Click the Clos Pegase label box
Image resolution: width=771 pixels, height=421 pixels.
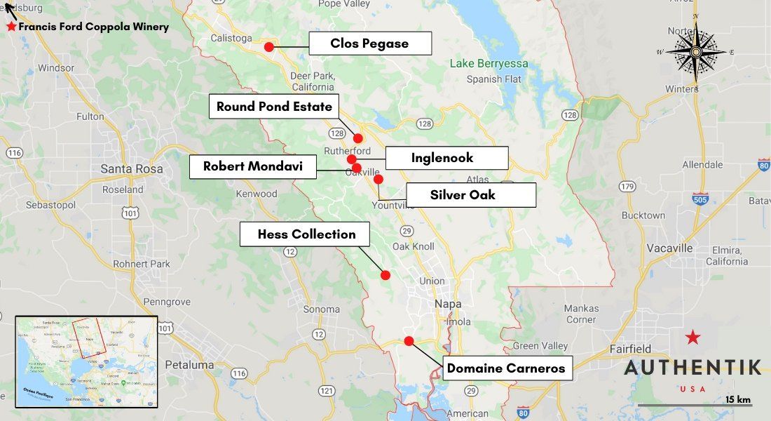click(x=369, y=44)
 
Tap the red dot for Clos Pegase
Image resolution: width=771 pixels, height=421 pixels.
click(x=269, y=47)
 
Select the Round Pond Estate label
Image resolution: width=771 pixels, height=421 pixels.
click(x=274, y=107)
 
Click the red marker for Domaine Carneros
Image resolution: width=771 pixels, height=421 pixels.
click(x=409, y=341)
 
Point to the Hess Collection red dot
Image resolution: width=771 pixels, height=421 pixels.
click(x=385, y=275)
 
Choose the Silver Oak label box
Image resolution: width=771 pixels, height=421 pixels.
click(x=463, y=194)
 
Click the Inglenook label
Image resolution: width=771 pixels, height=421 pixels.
click(x=442, y=158)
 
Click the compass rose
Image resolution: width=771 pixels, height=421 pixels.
click(x=695, y=51)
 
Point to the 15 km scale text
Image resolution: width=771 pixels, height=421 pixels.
click(x=738, y=399)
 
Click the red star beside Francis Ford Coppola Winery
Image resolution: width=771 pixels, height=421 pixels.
click(x=11, y=27)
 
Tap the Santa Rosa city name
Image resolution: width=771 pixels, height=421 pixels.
click(x=132, y=168)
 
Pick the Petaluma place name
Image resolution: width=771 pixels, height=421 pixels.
click(x=189, y=365)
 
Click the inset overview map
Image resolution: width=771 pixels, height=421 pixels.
click(x=86, y=361)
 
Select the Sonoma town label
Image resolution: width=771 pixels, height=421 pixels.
click(x=321, y=309)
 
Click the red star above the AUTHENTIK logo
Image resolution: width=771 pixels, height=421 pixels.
click(x=692, y=338)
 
